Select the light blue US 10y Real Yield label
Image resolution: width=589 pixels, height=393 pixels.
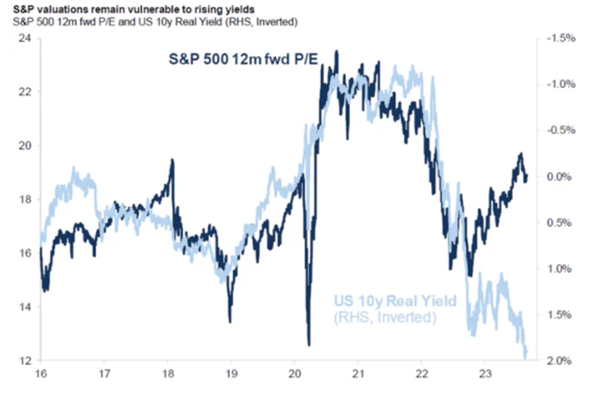coord(395,301)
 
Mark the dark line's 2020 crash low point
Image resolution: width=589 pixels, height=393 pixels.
coord(309,345)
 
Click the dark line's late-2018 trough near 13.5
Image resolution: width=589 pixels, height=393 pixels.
coord(230,322)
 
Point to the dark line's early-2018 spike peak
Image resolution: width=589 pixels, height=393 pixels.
coord(172,160)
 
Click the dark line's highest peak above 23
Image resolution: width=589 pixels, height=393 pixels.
coord(337,51)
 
